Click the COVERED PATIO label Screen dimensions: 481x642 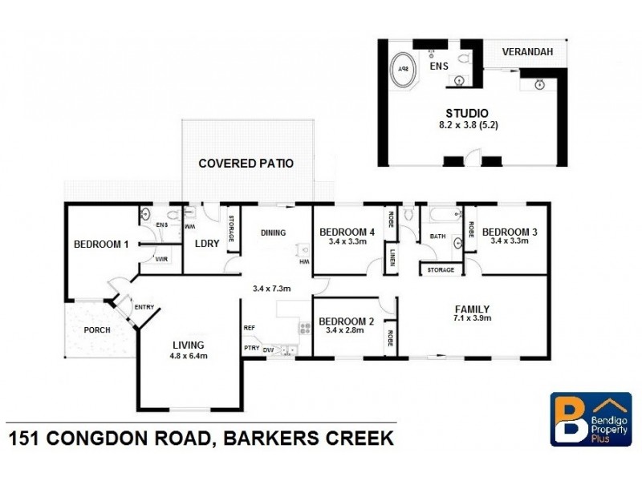pyautogui.click(x=246, y=164)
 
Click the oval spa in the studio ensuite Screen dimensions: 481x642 pyautogui.click(x=403, y=70)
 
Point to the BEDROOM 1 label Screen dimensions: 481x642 pyautogui.click(x=101, y=245)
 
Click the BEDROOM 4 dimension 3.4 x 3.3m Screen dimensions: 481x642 pyautogui.click(x=343, y=241)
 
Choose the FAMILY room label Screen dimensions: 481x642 pyautogui.click(x=472, y=309)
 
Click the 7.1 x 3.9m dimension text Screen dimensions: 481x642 pyautogui.click(x=472, y=318)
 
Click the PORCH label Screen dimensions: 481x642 pyautogui.click(x=96, y=329)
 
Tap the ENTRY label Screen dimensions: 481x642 pyautogui.click(x=144, y=307)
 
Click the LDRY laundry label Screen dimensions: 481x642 pyautogui.click(x=207, y=244)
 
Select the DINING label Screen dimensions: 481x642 pyautogui.click(x=273, y=232)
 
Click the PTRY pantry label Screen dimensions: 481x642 pyautogui.click(x=251, y=348)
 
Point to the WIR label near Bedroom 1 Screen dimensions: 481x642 pyautogui.click(x=160, y=259)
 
